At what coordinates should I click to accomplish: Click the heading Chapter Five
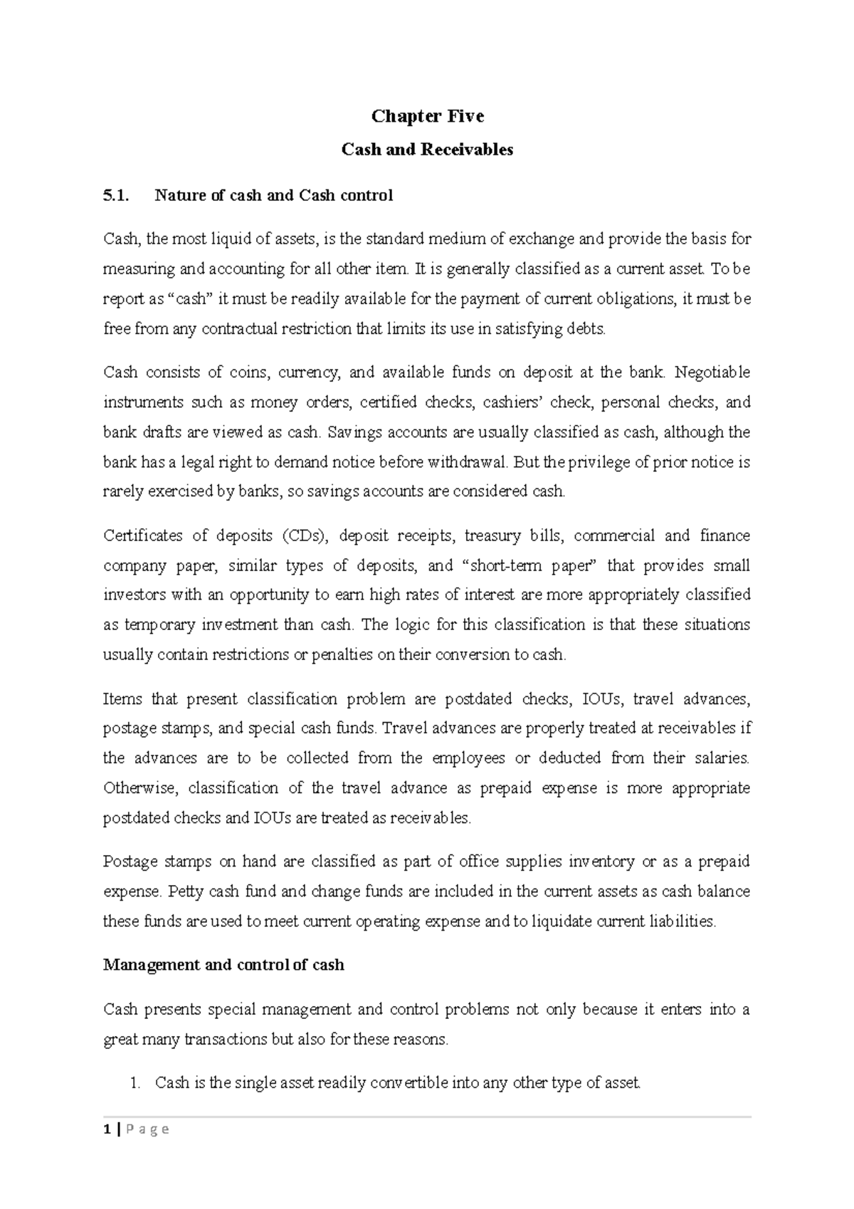click(427, 116)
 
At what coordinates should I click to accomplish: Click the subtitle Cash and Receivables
click(427, 150)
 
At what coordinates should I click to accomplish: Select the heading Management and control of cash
click(223, 965)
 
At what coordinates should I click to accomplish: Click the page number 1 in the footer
click(106, 1129)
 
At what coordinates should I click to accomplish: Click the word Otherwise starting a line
click(141, 788)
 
